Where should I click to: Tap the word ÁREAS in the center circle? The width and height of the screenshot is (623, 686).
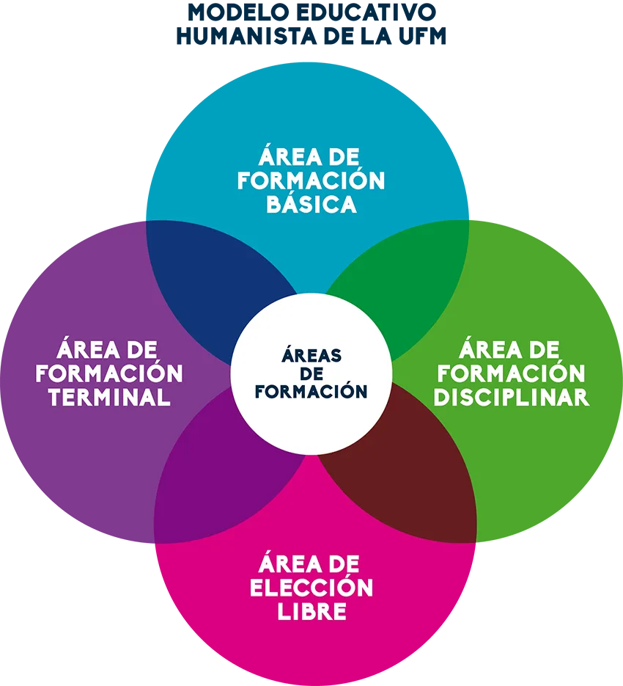(x=311, y=356)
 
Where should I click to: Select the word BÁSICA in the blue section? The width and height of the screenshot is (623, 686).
(x=311, y=203)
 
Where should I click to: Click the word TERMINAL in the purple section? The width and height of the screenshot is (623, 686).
(x=110, y=397)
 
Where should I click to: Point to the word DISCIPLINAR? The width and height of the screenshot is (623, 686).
(x=511, y=397)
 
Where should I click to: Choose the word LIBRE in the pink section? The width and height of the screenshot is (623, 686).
(x=311, y=611)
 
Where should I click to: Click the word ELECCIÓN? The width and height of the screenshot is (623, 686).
(x=311, y=588)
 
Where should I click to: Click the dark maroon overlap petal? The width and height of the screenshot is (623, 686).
(x=410, y=470)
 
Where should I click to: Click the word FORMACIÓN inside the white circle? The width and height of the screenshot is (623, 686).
(x=311, y=391)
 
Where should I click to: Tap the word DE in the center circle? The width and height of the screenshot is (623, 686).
(x=311, y=373)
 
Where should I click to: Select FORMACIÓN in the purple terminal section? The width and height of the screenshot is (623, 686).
(x=110, y=373)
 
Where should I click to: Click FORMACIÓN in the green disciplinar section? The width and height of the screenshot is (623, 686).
(x=511, y=373)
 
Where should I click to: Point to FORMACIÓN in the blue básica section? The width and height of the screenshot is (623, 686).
(x=311, y=180)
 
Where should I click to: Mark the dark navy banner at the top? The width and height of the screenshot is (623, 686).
(x=398, y=26)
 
